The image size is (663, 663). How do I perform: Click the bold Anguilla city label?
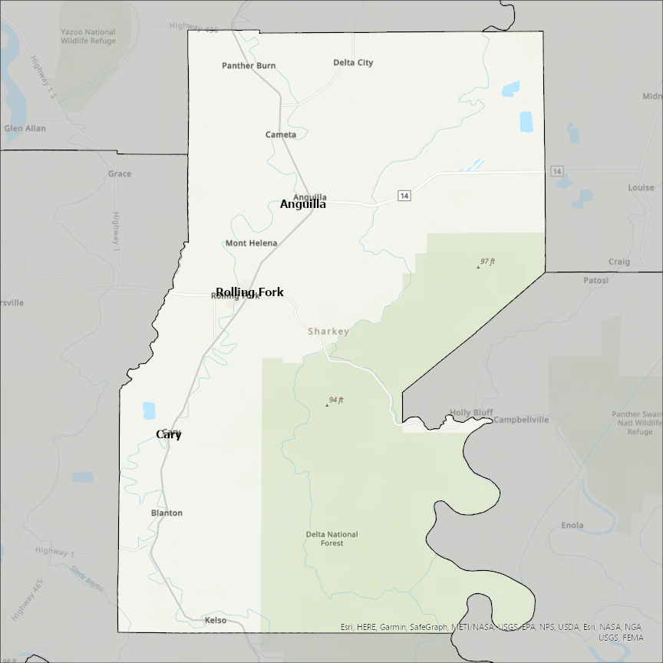pos(302,204)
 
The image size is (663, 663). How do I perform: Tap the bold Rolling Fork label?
pos(249,292)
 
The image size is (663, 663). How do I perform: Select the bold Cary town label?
pos(169,434)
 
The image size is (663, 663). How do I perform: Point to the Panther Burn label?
pos(249,66)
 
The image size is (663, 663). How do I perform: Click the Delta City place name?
pos(353,63)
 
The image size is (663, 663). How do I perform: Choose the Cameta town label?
pos(281,135)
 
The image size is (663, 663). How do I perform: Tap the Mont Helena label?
pos(251,243)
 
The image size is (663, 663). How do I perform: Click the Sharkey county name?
pos(328,331)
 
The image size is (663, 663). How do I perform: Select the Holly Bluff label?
pos(471,413)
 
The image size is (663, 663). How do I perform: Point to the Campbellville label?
pos(521,420)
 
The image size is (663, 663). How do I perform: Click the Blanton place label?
pos(167,513)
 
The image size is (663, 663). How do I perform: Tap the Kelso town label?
pos(216,620)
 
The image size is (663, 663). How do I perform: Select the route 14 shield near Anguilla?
pos(404,196)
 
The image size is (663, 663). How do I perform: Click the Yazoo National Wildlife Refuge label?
pos(88,37)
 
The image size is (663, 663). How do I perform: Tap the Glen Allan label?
pos(25,128)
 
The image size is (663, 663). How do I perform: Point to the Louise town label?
pos(641,187)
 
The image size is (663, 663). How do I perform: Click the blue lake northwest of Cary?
pos(149,411)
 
